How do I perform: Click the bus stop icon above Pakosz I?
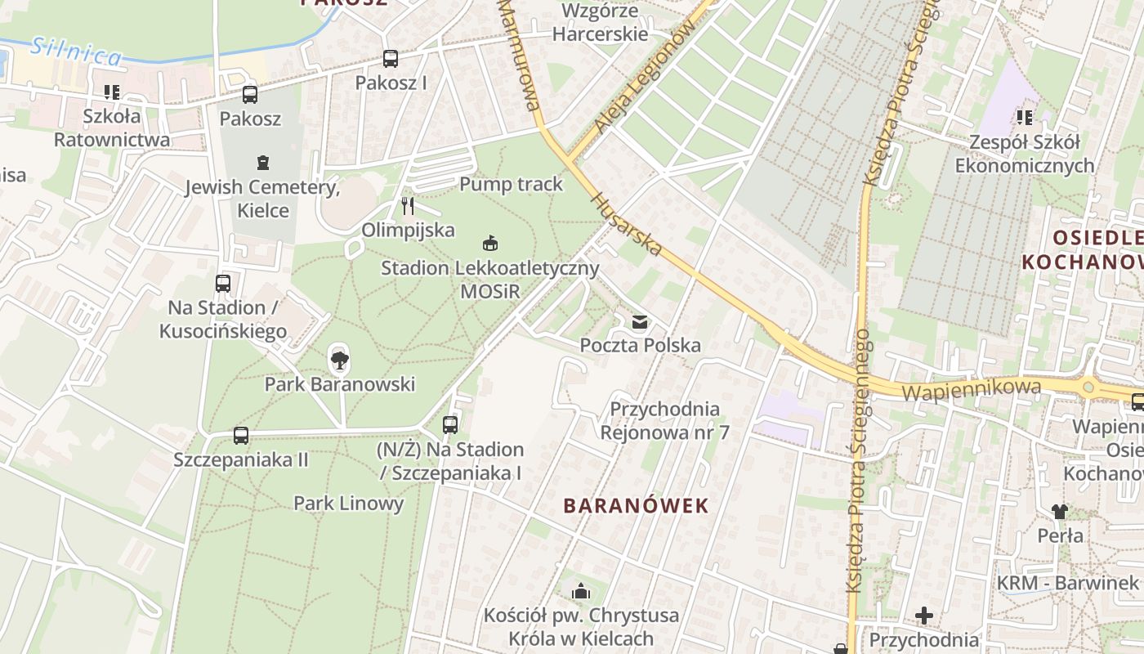tap(391, 59)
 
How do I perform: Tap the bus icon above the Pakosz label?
tap(250, 94)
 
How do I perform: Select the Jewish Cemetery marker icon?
tap(262, 163)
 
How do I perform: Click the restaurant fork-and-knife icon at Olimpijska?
tap(408, 205)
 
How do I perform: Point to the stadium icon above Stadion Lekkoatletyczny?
tap(490, 243)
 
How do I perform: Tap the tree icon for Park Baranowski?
tap(339, 358)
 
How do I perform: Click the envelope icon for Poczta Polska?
tap(639, 322)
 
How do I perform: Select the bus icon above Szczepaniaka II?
tap(240, 435)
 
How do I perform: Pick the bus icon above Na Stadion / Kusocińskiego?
tap(223, 284)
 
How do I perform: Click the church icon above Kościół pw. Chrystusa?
tap(581, 590)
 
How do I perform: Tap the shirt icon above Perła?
tap(1060, 512)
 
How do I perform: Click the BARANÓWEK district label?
tap(636, 505)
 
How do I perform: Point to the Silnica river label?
tap(77, 52)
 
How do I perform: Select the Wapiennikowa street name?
tap(972, 389)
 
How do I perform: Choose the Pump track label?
tap(511, 184)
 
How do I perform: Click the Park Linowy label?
tap(348, 503)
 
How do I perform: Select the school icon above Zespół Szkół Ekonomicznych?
tap(1024, 118)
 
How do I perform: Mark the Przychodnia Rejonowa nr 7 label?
tap(664, 420)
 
